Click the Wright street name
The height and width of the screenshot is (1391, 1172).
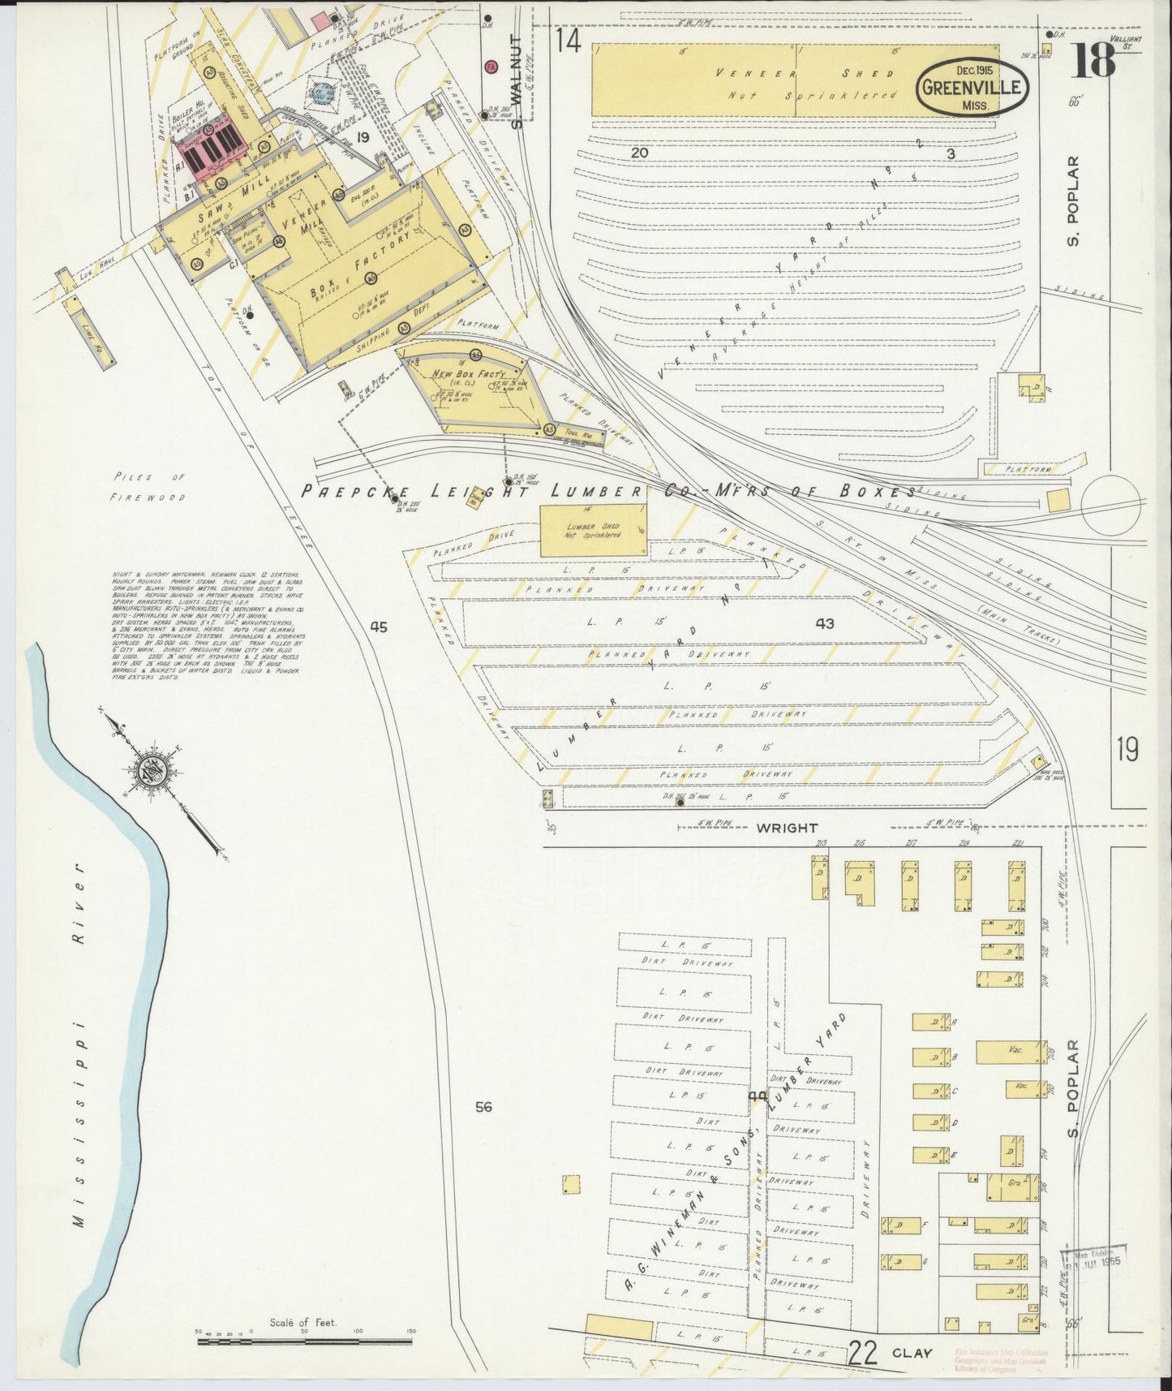click(x=787, y=828)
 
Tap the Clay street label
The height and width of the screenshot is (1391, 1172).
click(x=912, y=1353)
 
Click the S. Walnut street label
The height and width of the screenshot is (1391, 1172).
click(x=515, y=81)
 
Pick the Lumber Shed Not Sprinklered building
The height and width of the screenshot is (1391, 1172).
click(x=594, y=530)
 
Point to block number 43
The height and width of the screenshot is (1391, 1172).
click(x=825, y=623)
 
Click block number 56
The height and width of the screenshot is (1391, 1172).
click(x=484, y=1106)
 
